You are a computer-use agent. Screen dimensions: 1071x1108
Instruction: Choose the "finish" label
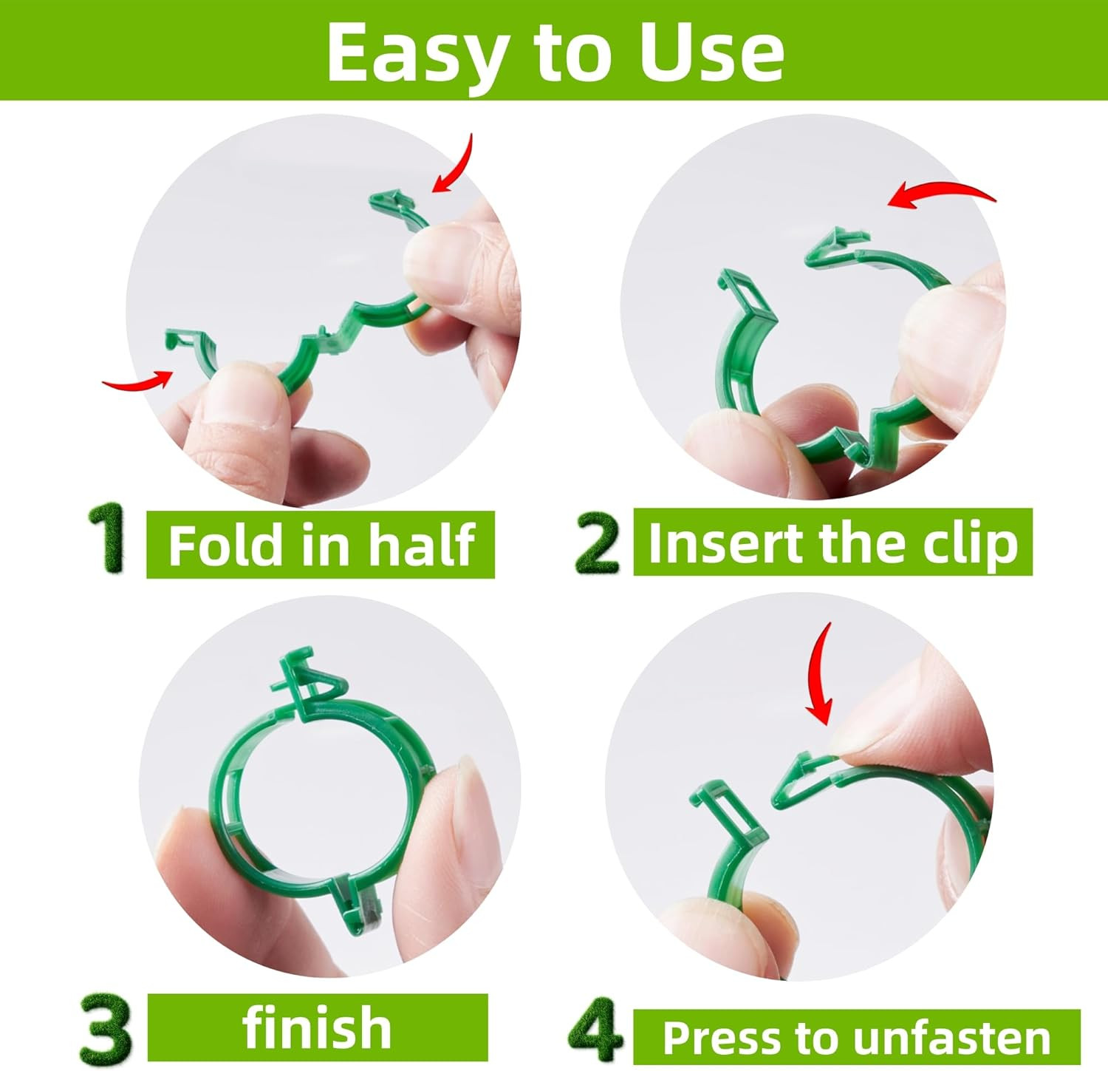click(317, 1027)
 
